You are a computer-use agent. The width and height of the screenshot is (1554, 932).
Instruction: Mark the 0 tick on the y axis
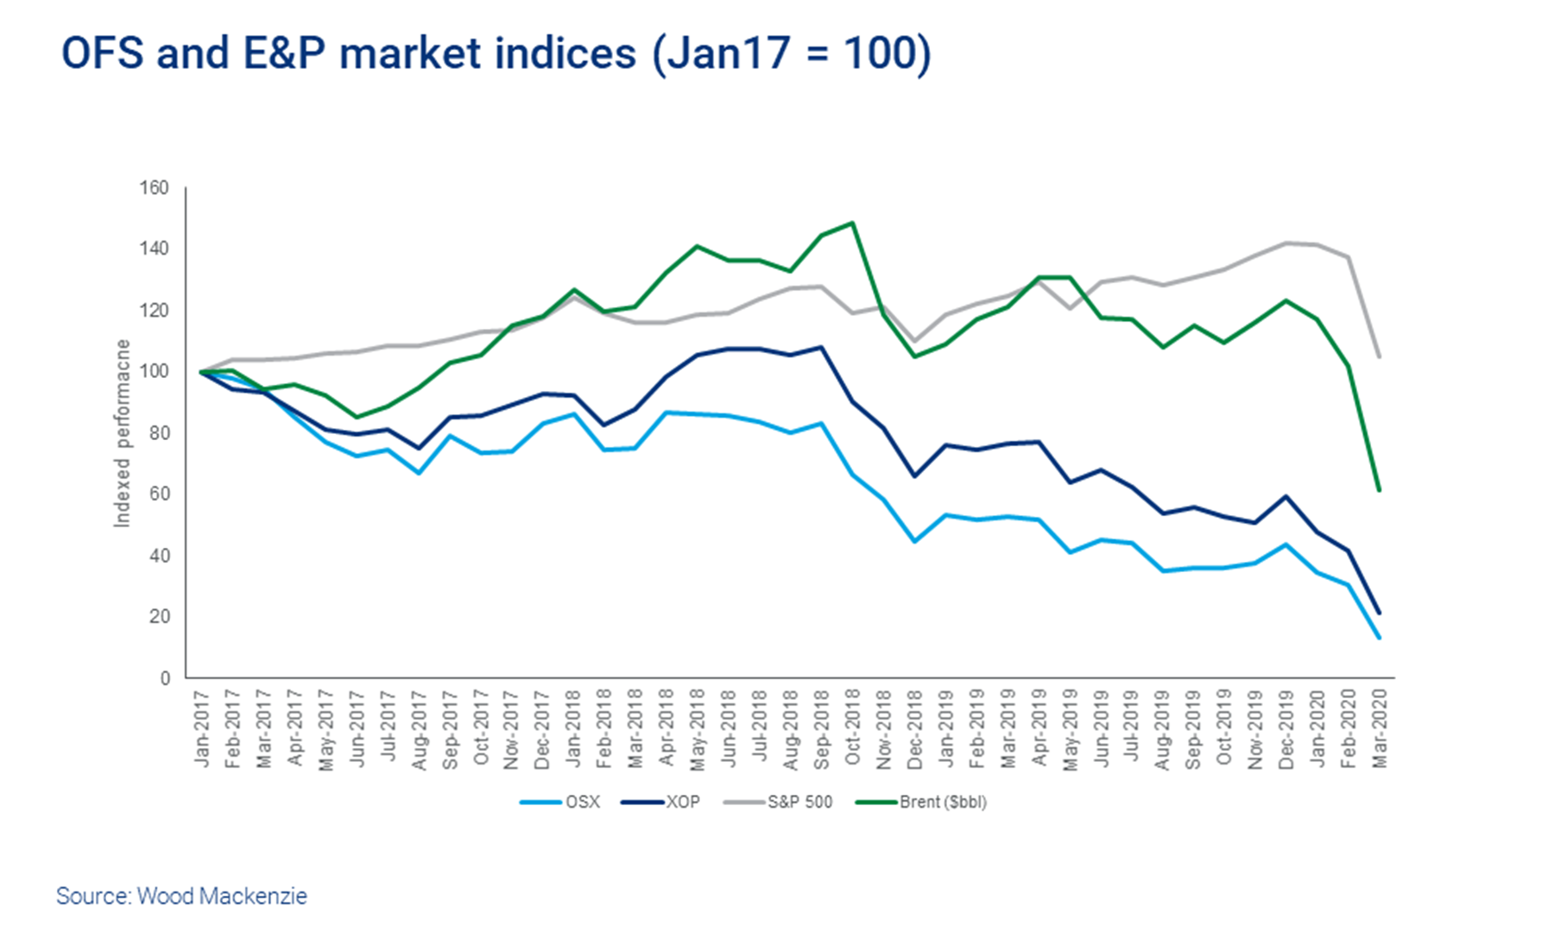tap(164, 678)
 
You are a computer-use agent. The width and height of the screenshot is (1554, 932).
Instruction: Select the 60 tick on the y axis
tap(159, 494)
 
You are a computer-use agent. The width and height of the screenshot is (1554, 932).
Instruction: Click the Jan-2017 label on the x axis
tap(202, 727)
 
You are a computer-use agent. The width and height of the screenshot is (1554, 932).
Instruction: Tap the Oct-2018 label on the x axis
tap(852, 727)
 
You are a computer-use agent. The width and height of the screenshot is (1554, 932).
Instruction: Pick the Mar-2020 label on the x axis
tap(1380, 727)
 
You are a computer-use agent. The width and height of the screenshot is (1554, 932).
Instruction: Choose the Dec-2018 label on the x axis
tap(914, 727)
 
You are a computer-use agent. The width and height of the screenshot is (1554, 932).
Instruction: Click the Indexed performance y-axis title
tap(123, 433)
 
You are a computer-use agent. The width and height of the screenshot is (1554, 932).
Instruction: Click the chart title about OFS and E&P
tap(496, 54)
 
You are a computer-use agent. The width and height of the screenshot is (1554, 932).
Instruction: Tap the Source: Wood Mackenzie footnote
tap(181, 896)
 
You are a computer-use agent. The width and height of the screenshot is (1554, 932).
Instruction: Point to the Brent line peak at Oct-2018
tap(852, 223)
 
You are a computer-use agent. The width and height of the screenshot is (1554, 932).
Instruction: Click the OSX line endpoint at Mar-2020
tap(1380, 638)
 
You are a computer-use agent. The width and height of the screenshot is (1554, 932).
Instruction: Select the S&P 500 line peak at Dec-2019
tap(1286, 242)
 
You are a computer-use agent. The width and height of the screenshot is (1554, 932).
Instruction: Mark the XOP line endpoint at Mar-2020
tap(1380, 614)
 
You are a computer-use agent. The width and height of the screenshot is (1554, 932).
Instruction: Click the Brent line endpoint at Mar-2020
tap(1380, 490)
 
